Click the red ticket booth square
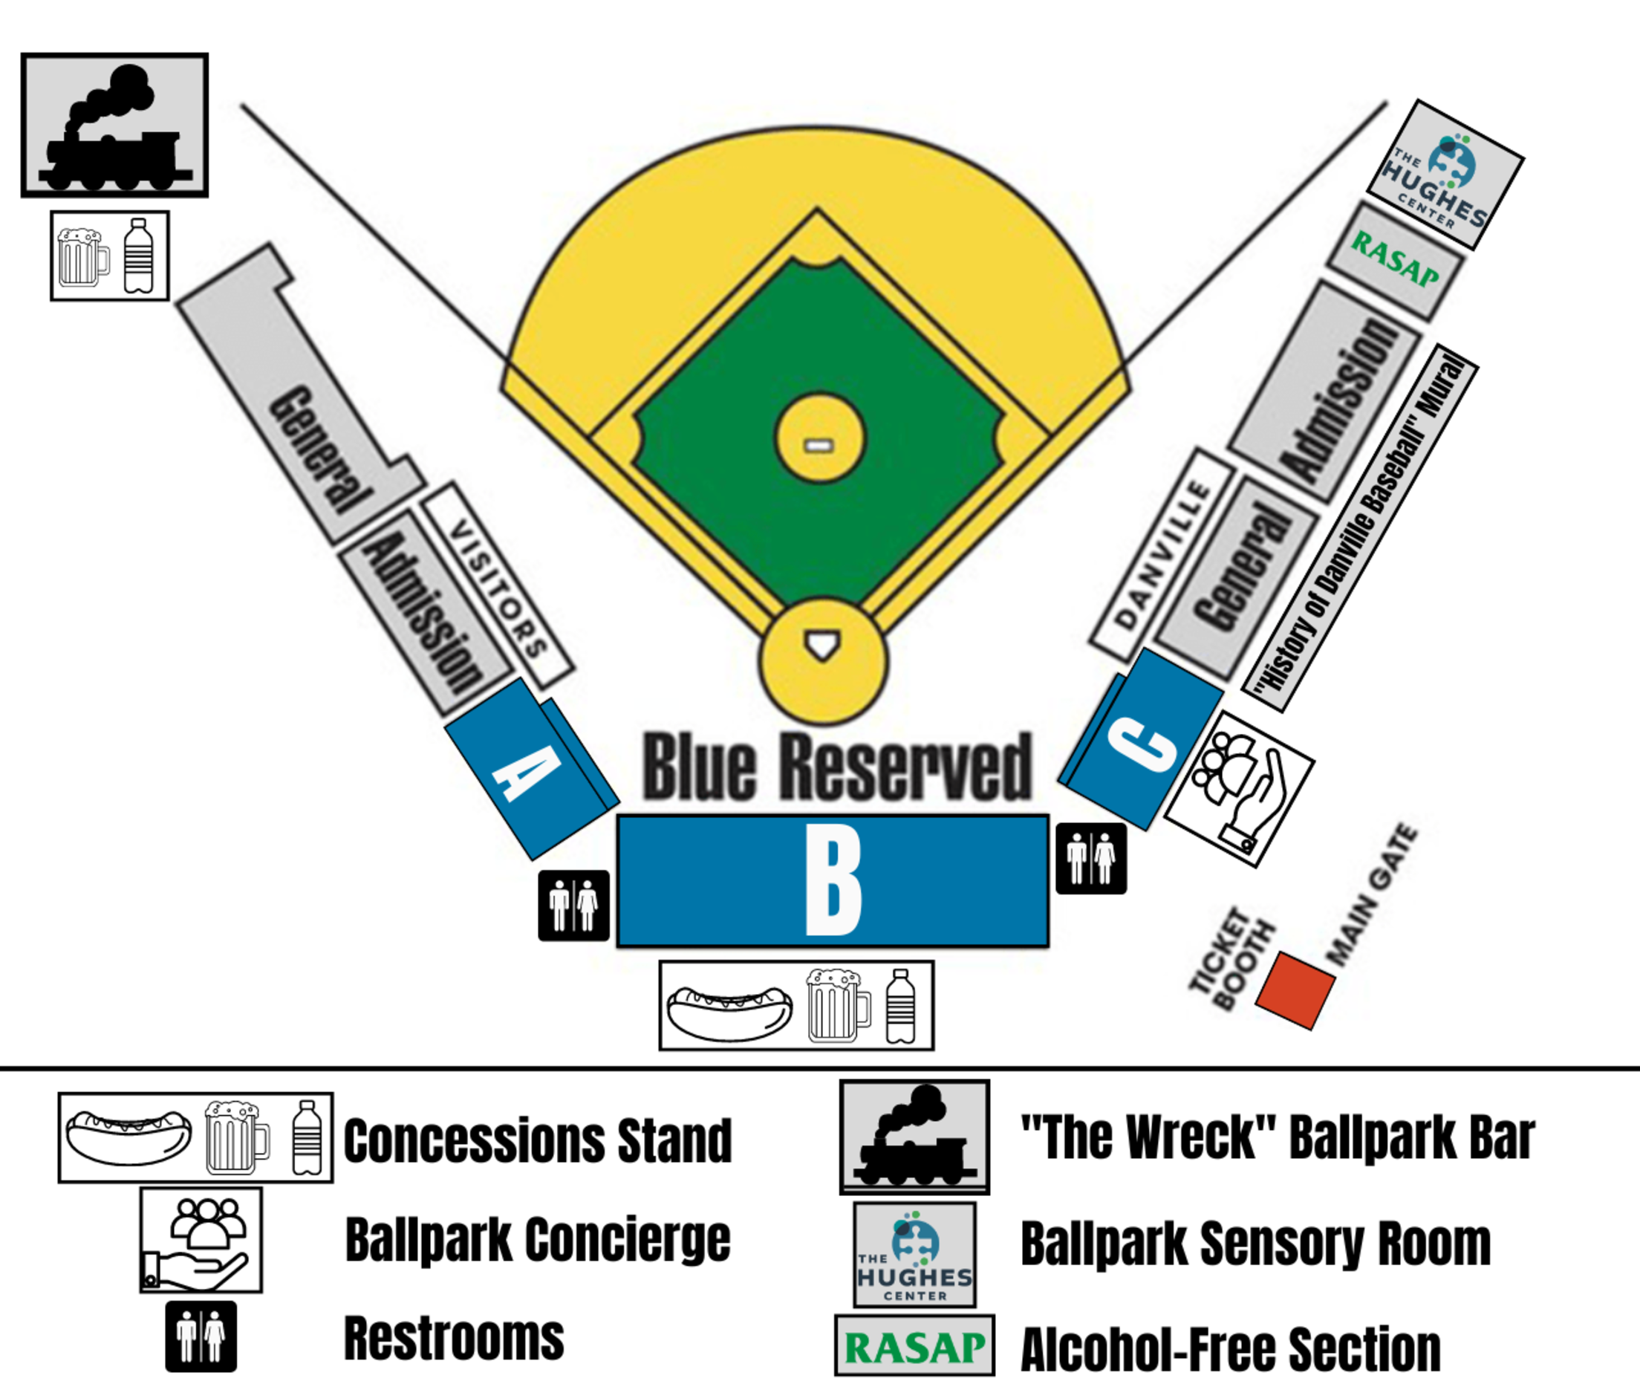pyautogui.click(x=1295, y=990)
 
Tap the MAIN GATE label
pyautogui.click(x=1372, y=894)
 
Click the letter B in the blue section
pyautogui.click(x=833, y=883)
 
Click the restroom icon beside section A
pyautogui.click(x=573, y=906)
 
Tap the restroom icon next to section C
pyautogui.click(x=1091, y=858)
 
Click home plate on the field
pyautogui.click(x=823, y=645)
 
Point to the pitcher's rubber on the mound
pyautogui.click(x=819, y=446)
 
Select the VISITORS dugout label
pyautogui.click(x=497, y=584)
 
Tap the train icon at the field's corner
pyautogui.click(x=114, y=126)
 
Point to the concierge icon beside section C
pyautogui.click(x=1239, y=789)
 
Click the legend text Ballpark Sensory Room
pyautogui.click(x=1255, y=1244)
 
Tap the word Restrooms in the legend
pyautogui.click(x=453, y=1339)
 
